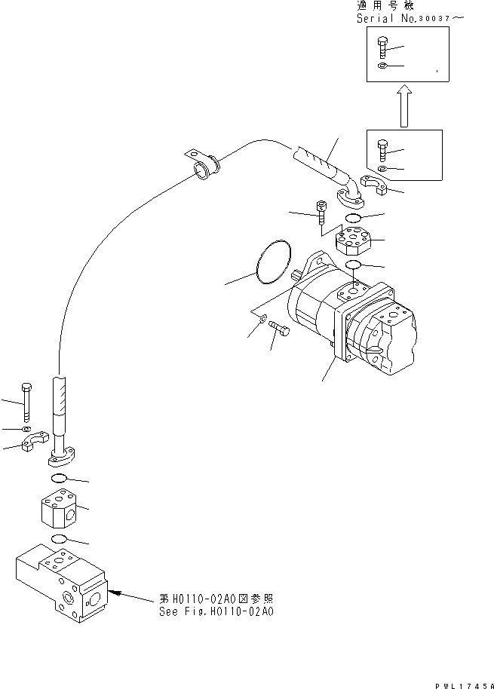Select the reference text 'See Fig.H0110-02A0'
tap(216, 611)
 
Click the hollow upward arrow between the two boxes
tap(403, 105)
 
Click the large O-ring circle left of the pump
tap(273, 263)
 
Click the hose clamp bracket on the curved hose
tap(201, 162)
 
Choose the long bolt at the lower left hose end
tap(27, 401)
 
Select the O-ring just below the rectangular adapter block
tap(60, 538)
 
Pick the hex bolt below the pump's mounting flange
tap(281, 329)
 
